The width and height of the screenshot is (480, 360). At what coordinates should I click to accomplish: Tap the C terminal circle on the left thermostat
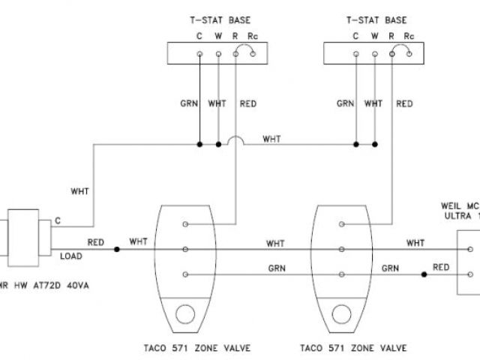(199, 54)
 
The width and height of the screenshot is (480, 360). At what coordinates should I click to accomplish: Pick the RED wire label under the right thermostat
(404, 103)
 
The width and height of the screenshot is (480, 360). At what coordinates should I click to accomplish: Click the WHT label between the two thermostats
(271, 139)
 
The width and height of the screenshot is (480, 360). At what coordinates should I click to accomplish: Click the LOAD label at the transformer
(70, 256)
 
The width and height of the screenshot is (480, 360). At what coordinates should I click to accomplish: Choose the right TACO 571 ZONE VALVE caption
(352, 348)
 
